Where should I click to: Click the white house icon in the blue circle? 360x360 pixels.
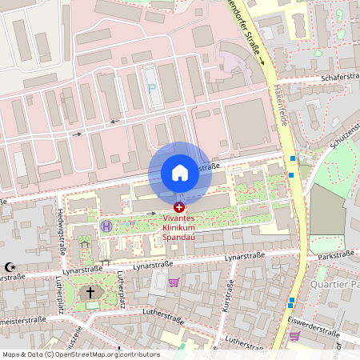pyautogui.click(x=179, y=172)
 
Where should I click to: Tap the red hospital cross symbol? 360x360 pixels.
pyautogui.click(x=178, y=206)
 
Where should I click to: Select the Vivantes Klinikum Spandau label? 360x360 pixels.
pyautogui.click(x=178, y=227)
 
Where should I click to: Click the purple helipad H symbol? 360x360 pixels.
pyautogui.click(x=106, y=226)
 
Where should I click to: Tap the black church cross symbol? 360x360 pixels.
pyautogui.click(x=90, y=293)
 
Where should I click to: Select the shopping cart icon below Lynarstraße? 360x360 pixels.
pyautogui.click(x=174, y=282)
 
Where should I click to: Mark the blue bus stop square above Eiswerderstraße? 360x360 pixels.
pyautogui.click(x=292, y=301)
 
